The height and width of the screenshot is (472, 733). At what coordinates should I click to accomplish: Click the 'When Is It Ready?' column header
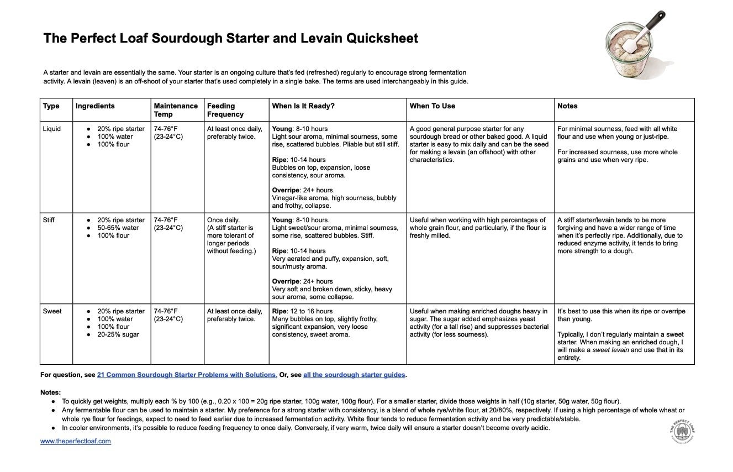pos(303,106)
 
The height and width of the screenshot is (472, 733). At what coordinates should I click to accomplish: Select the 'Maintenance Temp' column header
pos(176,110)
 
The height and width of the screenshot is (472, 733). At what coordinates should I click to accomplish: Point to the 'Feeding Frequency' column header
pos(225,110)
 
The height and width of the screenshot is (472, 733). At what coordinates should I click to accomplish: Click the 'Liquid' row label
pos(52,129)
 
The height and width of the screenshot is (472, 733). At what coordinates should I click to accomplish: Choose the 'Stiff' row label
pos(49,220)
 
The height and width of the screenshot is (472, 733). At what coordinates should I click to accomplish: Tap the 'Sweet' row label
pos(52,311)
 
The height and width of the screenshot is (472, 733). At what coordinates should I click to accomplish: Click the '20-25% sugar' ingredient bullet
pos(118,334)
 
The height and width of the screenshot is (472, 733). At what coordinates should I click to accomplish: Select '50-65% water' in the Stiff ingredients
pos(118,228)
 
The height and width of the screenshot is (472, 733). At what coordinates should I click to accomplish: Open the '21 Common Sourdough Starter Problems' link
pos(187,375)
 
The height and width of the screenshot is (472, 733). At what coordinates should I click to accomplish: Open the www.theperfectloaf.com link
pos(76,441)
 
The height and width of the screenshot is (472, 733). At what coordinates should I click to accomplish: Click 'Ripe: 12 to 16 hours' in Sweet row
pos(302,311)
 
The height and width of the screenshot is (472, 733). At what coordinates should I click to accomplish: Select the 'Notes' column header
pos(567,106)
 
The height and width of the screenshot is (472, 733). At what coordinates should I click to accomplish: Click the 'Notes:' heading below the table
pos(50,392)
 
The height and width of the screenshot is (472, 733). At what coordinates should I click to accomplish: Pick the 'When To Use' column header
pos(433,106)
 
